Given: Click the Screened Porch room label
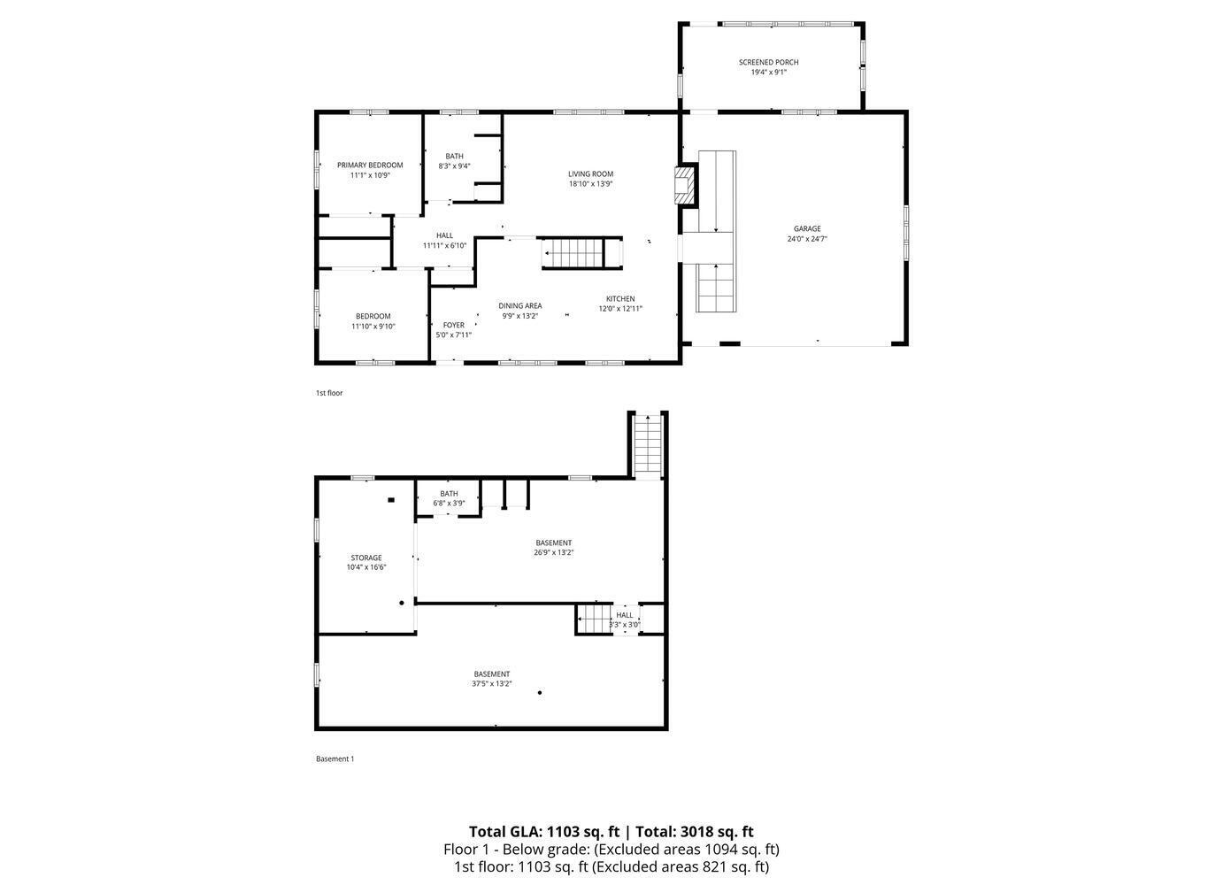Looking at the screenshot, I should [768, 62].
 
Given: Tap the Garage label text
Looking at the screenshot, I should [806, 228].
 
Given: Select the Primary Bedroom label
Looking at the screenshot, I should [370, 165].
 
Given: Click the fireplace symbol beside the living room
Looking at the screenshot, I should [686, 185].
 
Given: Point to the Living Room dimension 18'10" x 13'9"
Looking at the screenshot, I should [590, 184].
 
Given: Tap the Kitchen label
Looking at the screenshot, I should [619, 299].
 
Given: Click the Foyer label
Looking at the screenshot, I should [453, 325].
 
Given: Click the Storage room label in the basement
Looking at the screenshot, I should [365, 558].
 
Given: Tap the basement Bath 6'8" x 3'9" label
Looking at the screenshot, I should [449, 494].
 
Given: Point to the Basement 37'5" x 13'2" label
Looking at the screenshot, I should [491, 674].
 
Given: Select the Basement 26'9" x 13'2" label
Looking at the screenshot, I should [553, 543].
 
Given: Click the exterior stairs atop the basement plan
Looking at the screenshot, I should [649, 445].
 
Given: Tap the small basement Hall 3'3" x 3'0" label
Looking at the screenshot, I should [625, 615].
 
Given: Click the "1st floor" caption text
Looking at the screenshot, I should [329, 393].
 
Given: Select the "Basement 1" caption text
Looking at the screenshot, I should [335, 758].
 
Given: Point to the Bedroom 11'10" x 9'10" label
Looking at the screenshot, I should [373, 317].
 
